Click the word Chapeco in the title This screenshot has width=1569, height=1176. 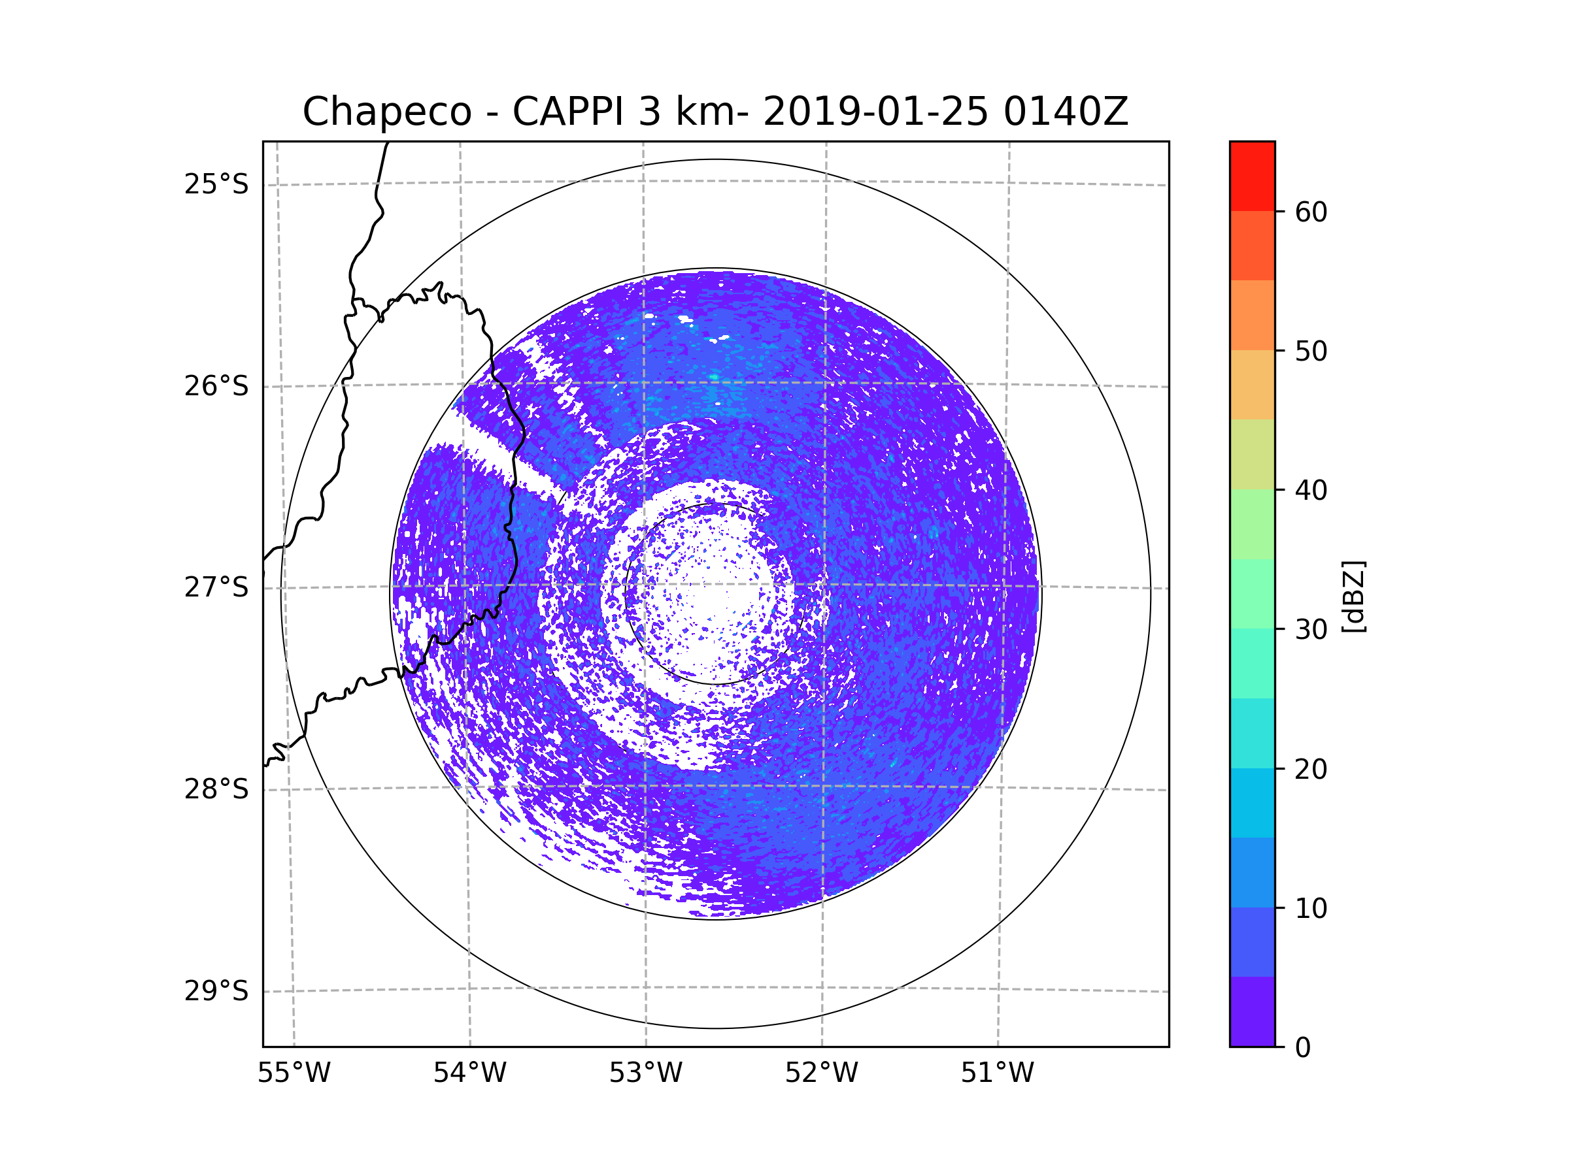[386, 112]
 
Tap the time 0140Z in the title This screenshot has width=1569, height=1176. [1065, 112]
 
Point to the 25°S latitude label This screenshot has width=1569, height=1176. [216, 184]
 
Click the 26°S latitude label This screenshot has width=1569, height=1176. [216, 386]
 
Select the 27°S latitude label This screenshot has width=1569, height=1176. [216, 587]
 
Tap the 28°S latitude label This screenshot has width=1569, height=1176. [216, 789]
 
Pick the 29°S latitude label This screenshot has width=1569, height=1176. [216, 991]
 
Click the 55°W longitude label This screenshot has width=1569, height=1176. [294, 1073]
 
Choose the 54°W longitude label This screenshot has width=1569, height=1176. [469, 1073]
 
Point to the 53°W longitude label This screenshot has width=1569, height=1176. [645, 1073]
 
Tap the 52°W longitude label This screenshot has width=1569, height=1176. [821, 1073]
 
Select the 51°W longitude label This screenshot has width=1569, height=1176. [997, 1073]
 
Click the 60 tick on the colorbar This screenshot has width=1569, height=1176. [1311, 212]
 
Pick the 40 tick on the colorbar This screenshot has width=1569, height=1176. [1311, 491]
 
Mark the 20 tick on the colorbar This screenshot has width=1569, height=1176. [1311, 769]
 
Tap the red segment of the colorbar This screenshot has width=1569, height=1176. [1252, 176]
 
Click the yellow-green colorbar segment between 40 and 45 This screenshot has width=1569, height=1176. [1252, 454]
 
